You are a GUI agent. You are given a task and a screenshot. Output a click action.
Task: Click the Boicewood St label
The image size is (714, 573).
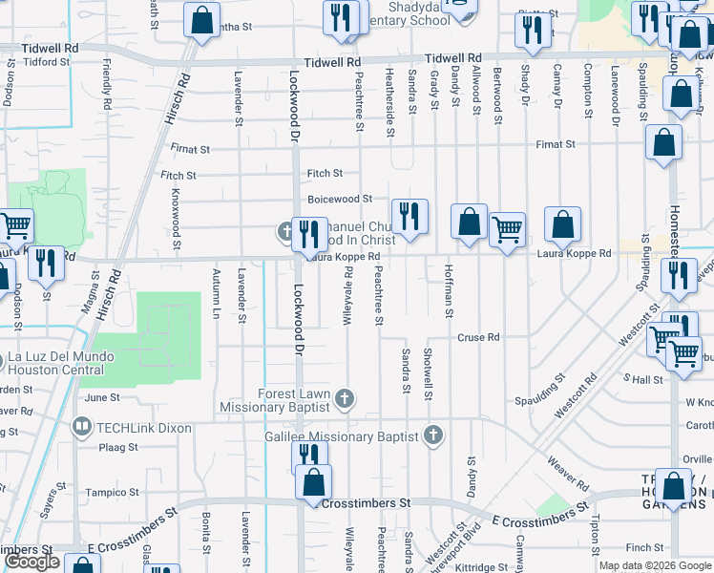(339, 199)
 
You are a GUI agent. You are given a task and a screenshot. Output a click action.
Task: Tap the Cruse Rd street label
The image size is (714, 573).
(478, 337)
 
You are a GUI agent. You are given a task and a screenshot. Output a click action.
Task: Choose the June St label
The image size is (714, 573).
(102, 397)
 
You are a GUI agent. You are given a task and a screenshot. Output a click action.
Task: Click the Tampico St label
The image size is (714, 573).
(114, 493)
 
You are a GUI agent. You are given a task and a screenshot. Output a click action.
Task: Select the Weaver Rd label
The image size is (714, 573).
(568, 465)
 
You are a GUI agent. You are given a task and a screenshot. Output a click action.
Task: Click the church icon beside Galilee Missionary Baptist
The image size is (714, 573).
(433, 435)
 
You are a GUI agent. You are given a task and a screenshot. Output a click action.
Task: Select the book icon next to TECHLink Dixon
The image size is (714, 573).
(83, 425)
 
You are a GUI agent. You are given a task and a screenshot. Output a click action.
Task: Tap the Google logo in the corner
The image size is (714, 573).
(31, 562)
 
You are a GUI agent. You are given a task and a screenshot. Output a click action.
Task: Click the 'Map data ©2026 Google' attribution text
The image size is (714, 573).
(655, 565)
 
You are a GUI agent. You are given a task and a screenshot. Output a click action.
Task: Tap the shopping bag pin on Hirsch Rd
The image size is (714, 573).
(202, 21)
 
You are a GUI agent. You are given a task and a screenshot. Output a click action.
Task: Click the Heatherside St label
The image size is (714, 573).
(389, 88)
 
